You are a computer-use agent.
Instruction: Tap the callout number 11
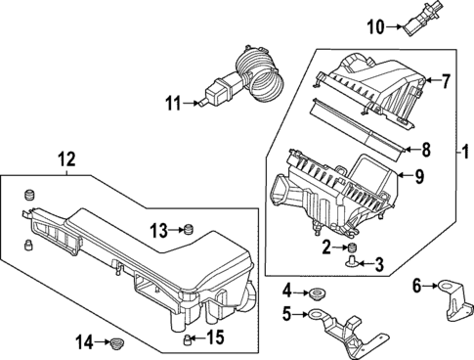point(171,100)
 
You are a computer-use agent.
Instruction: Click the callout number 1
point(466,154)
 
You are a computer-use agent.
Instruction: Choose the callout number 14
point(86,341)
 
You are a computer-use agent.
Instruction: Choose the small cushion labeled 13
point(187,231)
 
